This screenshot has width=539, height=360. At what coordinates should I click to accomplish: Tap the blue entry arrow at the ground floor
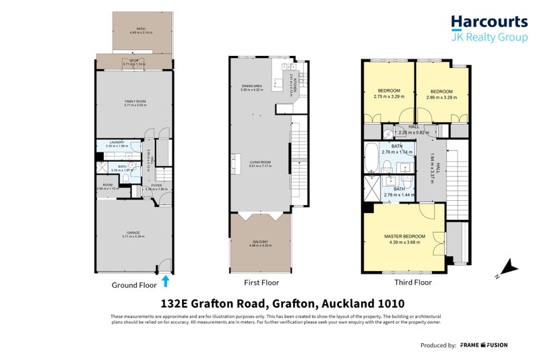coord(165,281)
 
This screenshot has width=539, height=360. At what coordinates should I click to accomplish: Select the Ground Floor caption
coord(133,285)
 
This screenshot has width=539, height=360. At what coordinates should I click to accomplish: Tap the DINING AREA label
coord(253,86)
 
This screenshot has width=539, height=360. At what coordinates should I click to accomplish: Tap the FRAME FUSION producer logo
coord(484,345)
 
